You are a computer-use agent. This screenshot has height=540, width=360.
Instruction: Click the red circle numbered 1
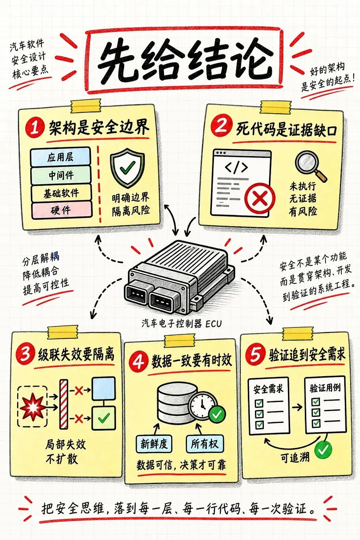coord(35,128)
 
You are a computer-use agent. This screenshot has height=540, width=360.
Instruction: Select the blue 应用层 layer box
coord(60,157)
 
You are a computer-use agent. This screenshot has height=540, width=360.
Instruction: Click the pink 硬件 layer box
coord(62,210)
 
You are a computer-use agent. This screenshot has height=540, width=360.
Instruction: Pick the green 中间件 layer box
coord(61,175)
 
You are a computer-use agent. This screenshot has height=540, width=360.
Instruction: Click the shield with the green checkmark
coord(127,168)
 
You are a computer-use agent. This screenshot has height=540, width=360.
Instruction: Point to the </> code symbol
coord(236,167)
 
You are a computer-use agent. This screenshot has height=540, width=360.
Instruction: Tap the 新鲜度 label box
coord(154,444)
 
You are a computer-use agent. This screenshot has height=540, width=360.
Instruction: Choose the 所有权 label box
coord(205,444)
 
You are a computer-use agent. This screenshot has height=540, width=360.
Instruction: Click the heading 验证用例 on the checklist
coord(325,388)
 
